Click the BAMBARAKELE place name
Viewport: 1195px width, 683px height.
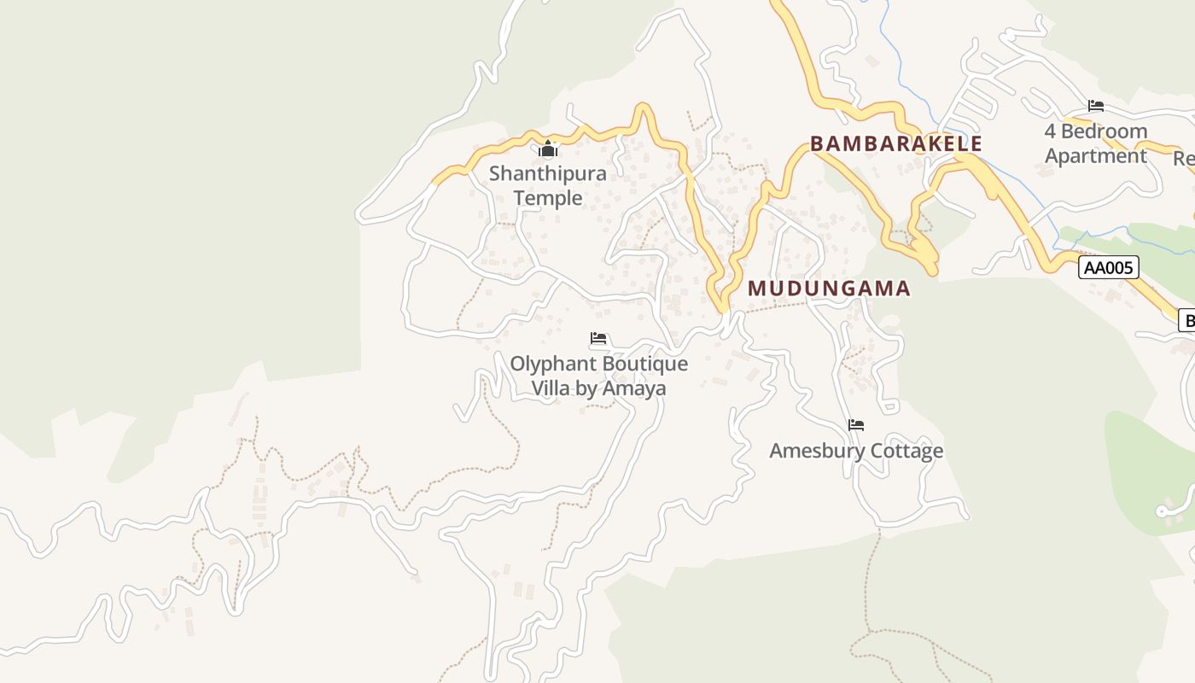(x=896, y=143)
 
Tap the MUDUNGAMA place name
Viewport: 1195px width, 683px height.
(x=829, y=289)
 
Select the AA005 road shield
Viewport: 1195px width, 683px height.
(x=1109, y=268)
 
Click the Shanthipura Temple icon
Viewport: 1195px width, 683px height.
(x=548, y=150)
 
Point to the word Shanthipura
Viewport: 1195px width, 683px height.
(x=547, y=173)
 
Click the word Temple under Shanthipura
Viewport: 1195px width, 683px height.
(x=547, y=198)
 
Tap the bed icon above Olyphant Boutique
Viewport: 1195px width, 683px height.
(x=598, y=339)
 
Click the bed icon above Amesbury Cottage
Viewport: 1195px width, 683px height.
(x=856, y=425)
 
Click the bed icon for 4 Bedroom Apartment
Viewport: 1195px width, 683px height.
(x=1096, y=107)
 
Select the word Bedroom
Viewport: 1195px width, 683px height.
(x=1104, y=131)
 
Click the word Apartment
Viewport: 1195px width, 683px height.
(x=1096, y=156)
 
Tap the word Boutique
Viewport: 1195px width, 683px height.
(x=648, y=364)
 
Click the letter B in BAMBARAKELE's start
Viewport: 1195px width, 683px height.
(x=817, y=143)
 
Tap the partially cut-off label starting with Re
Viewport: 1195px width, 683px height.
(x=1184, y=159)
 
